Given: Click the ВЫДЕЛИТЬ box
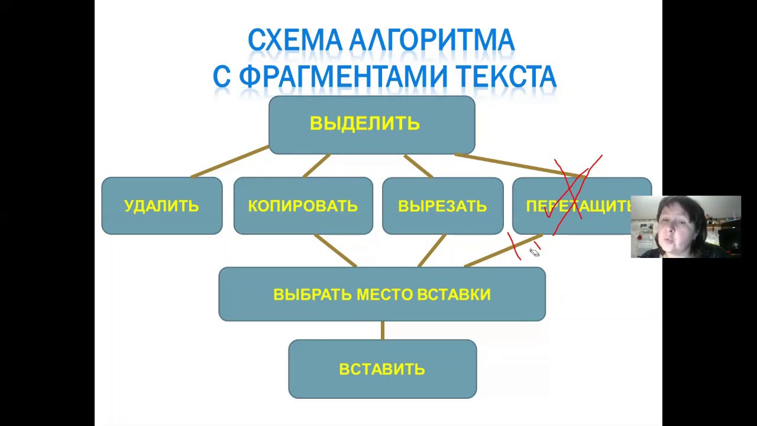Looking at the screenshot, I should (371, 125).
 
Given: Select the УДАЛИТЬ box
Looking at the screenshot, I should (162, 206).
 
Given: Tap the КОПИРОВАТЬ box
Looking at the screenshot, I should (303, 206).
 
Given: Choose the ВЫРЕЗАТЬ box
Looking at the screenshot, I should (442, 206).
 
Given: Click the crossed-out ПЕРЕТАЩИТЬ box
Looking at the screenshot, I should (574, 206).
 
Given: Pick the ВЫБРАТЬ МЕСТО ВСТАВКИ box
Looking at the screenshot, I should (382, 294).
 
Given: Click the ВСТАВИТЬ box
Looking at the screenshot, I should (382, 369).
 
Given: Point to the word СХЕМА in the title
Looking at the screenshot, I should (295, 41).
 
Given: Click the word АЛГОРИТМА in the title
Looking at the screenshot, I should (432, 41).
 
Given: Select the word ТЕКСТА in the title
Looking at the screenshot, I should (506, 77).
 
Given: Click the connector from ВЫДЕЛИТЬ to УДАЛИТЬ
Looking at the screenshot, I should (229, 162).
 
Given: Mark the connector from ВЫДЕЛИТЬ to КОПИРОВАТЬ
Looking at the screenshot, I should (316, 166).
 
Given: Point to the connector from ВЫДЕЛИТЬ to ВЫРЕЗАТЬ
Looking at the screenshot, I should (419, 166).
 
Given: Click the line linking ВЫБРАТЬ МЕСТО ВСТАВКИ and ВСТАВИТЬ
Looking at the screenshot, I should (383, 330).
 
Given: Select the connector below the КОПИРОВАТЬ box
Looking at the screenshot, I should (335, 251).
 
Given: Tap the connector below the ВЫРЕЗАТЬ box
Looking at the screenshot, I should (432, 251).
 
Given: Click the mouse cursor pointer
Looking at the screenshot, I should (534, 253).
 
